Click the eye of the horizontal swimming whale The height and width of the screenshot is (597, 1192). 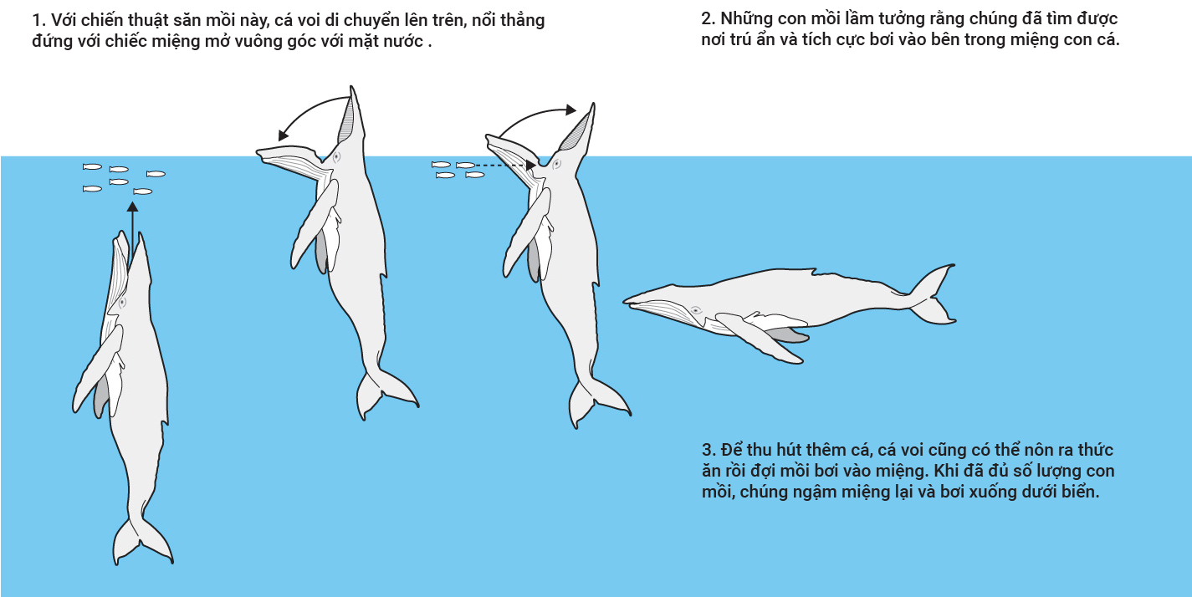[695, 310]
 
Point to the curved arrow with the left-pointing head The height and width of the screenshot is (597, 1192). [309, 109]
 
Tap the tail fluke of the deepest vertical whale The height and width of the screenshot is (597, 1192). [142, 540]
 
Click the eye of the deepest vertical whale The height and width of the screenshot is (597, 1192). [122, 303]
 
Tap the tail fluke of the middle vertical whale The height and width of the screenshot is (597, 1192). [384, 393]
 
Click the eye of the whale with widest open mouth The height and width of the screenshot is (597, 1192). [336, 157]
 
